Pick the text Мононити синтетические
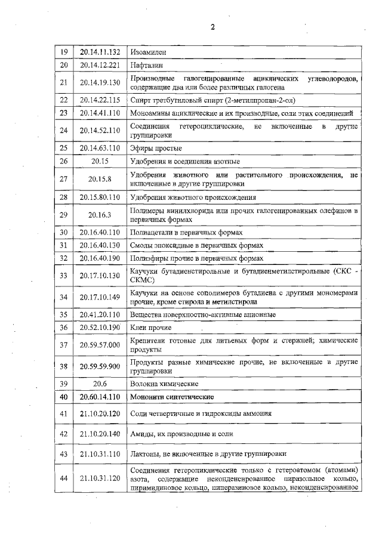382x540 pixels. [x=172, y=396]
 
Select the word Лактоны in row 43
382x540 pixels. [x=145, y=455]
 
